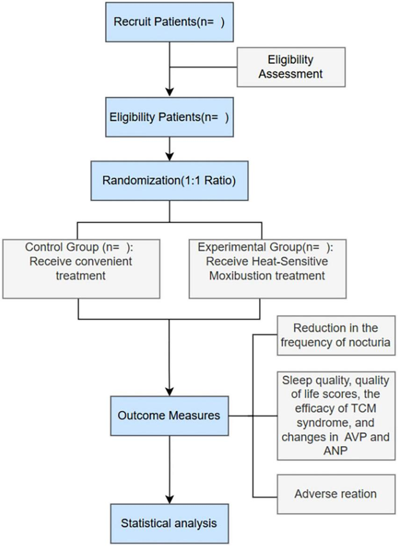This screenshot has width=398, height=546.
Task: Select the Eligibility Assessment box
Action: coord(291,66)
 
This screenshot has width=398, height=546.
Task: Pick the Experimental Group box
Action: coord(268,269)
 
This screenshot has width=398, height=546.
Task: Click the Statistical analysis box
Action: coord(169,523)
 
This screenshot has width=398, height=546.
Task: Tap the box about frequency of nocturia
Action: coord(335,335)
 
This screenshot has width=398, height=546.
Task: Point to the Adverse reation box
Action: coord(335,494)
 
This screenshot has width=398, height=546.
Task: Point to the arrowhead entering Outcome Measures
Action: coord(169,391)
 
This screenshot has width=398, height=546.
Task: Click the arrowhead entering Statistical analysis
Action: coord(169,498)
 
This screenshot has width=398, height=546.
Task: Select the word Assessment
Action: coord(291,73)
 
